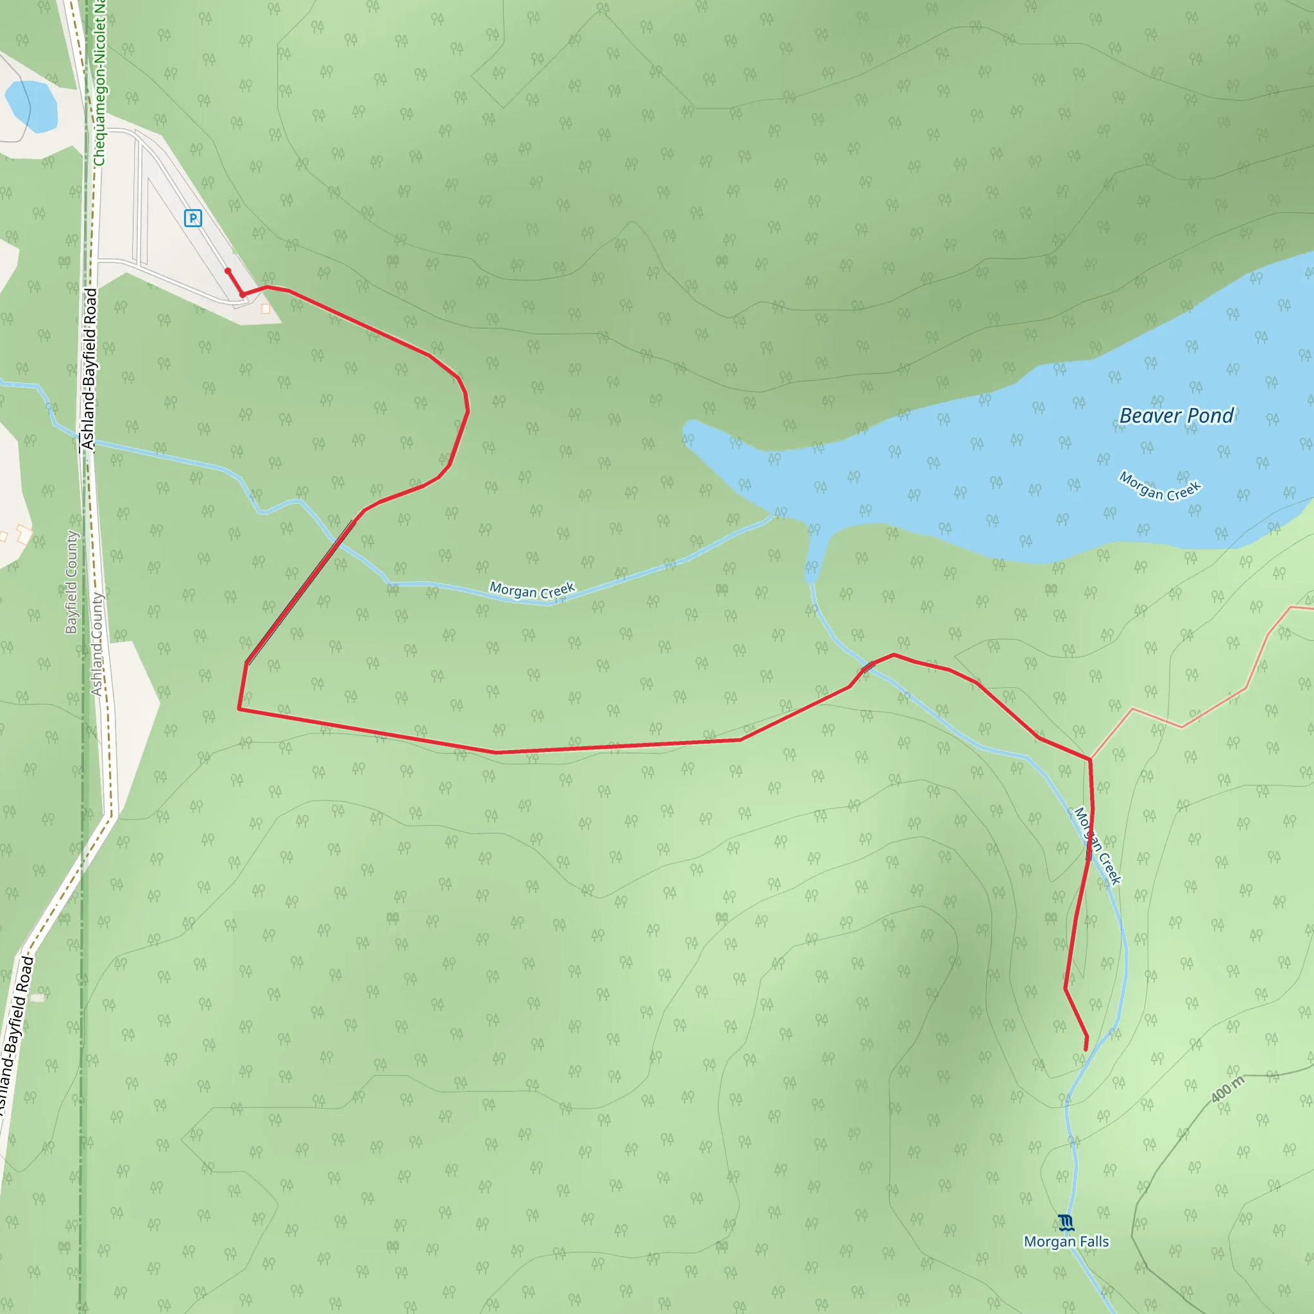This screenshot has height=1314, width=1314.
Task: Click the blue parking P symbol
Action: pos(193,218)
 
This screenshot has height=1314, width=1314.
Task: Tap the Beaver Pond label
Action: pos(1176,416)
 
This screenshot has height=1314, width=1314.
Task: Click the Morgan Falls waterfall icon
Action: pos(1066,1224)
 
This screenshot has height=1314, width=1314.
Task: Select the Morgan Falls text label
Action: pos(1066,1242)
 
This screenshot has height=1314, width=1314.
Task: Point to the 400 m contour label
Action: pos(1227,1089)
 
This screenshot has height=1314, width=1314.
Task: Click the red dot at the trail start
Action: pos(228,271)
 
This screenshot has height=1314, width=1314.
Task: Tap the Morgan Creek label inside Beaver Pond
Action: pos(1160,486)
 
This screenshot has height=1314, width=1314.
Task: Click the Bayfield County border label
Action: pos(71,582)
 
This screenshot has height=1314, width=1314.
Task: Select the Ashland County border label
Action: pos(98,644)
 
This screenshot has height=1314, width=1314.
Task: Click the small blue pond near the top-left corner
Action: pos(31,106)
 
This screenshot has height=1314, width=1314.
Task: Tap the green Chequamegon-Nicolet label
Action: pos(100,81)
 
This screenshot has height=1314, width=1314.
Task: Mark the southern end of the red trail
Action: pos(1086,1050)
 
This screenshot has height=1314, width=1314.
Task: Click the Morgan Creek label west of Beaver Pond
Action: pos(533,590)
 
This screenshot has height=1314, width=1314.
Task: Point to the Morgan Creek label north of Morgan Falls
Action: pos(1097,846)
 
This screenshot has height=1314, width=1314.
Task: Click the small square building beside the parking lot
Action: pos(265,309)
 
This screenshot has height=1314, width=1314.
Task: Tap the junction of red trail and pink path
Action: pos(1090,759)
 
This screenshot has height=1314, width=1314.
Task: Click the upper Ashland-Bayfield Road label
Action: pos(89,370)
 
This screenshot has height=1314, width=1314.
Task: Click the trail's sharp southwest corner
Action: pos(239,709)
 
